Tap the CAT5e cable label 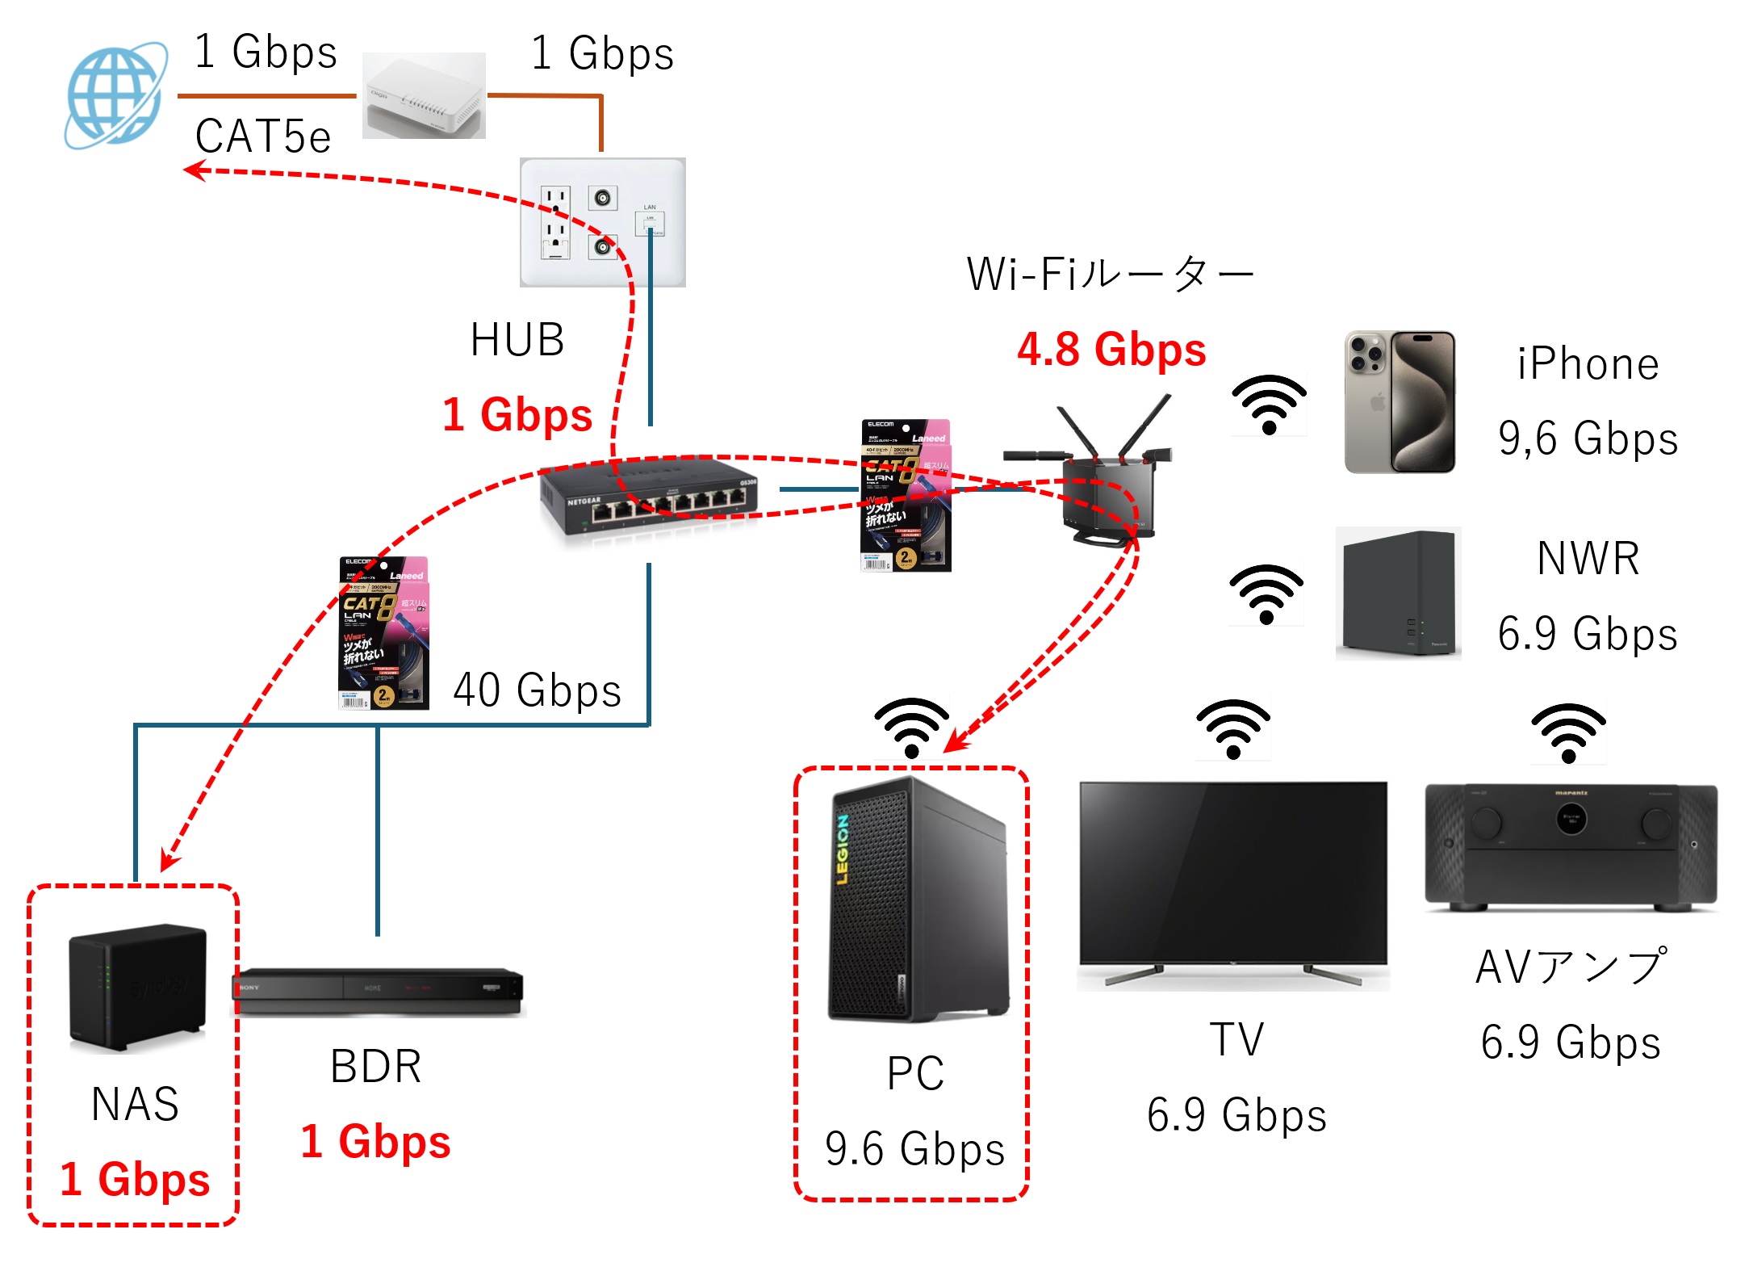pos(263,136)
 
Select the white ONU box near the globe pos(424,96)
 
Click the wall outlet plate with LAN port pos(602,222)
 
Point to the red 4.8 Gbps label pos(1111,350)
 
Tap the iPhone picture pos(1400,401)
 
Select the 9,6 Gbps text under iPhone pos(1588,438)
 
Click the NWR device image pos(1398,594)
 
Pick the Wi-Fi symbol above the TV pos(1233,729)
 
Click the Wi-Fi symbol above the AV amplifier pos(1568,732)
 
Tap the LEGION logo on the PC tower pos(843,849)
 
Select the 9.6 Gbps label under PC pos(914,1148)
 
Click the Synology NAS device pos(138,987)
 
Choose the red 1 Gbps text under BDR pos(375,1142)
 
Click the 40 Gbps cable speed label pos(537,690)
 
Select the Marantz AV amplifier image pos(1571,846)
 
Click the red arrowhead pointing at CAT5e pos(195,170)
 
